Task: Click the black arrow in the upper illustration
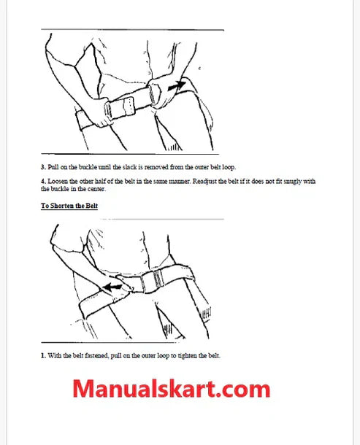point(177,85)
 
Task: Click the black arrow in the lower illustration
point(112,287)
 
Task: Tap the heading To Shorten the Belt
point(69,206)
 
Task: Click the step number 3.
point(43,167)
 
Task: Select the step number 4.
point(43,182)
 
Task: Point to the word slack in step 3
point(130,167)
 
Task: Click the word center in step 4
point(96,189)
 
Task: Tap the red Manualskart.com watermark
point(172,389)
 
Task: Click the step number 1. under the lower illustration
point(43,355)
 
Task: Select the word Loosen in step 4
point(58,182)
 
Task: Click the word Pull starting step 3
point(53,167)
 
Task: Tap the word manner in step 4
point(180,182)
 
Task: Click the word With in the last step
point(54,355)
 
